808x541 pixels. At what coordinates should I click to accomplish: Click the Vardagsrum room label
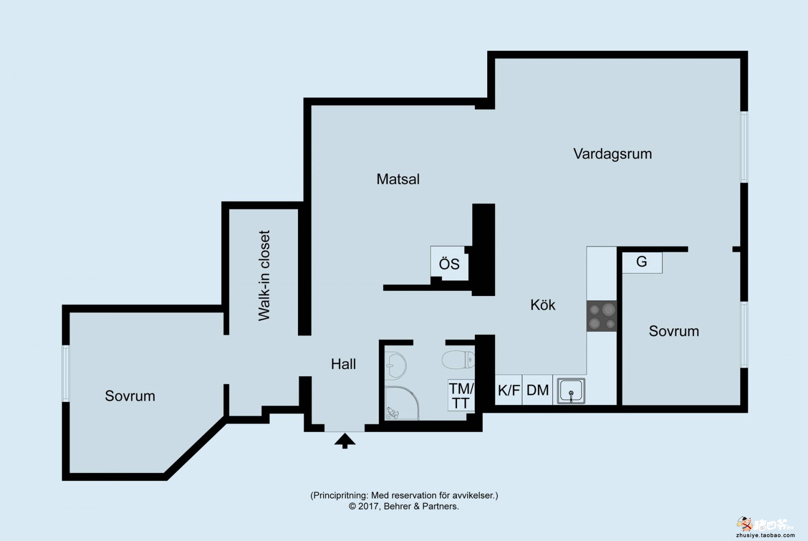(x=613, y=154)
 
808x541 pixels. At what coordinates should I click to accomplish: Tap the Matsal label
(x=398, y=179)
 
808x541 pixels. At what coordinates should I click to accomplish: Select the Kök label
(x=542, y=305)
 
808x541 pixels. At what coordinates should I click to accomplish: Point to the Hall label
(x=343, y=364)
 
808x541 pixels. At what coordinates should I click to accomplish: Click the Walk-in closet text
(x=265, y=276)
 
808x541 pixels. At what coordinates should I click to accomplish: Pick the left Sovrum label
(x=130, y=396)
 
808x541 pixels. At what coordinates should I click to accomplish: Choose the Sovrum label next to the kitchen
(x=674, y=331)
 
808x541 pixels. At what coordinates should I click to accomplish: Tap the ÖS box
(x=449, y=264)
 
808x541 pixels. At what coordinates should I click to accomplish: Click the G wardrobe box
(x=642, y=262)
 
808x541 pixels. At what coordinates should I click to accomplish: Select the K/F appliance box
(x=509, y=390)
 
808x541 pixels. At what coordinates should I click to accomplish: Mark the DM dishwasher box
(x=537, y=390)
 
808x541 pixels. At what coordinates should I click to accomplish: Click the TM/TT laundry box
(x=461, y=395)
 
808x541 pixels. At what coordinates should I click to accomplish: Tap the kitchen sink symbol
(x=571, y=390)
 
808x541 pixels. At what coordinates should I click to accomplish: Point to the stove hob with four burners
(x=601, y=316)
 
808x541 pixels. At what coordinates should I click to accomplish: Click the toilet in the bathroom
(x=458, y=360)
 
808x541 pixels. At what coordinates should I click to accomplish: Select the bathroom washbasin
(x=395, y=365)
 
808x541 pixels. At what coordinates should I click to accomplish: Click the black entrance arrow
(x=345, y=440)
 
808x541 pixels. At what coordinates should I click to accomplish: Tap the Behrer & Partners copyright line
(x=403, y=506)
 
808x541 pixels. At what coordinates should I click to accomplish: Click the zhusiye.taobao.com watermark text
(x=766, y=535)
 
